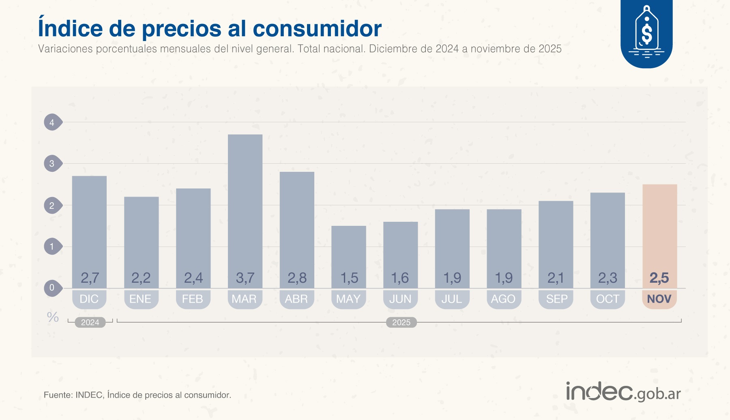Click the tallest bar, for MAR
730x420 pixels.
(x=245, y=203)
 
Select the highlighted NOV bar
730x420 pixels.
(x=659, y=227)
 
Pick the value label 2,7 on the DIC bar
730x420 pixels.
(x=90, y=278)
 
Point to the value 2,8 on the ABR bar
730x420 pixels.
(x=297, y=278)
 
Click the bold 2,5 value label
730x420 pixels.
(x=659, y=278)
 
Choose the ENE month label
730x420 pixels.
(x=140, y=299)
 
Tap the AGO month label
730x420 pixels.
(x=503, y=299)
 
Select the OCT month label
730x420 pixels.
(x=607, y=299)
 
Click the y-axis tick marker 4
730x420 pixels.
(x=52, y=122)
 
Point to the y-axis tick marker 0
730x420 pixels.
(x=52, y=288)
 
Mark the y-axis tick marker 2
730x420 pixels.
(x=52, y=206)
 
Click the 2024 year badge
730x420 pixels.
(x=90, y=322)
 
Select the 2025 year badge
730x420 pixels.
(x=401, y=322)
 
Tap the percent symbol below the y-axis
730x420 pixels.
(x=53, y=317)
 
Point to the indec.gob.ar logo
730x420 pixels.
(x=623, y=392)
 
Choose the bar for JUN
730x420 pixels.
(x=400, y=252)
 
